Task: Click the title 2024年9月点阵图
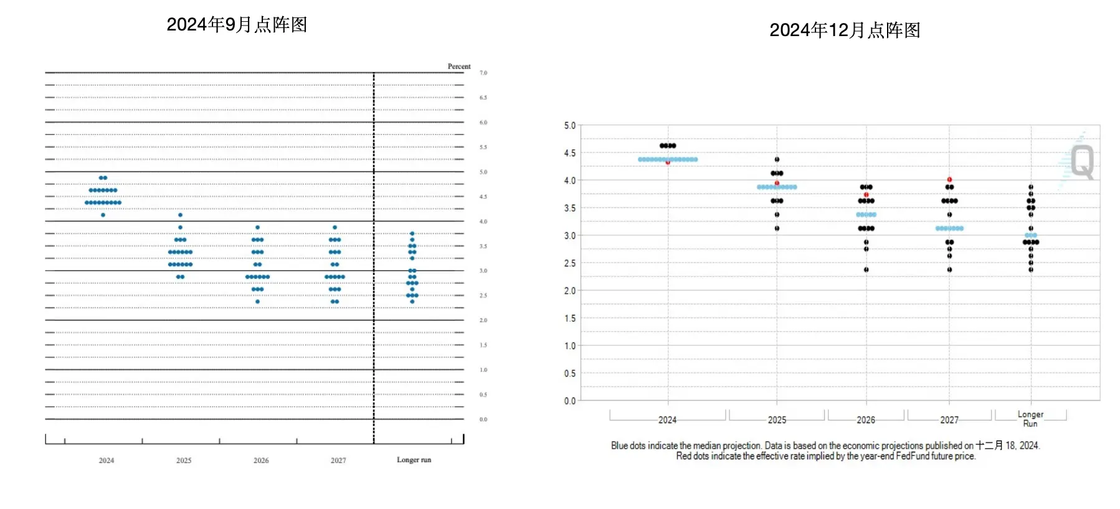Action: pyautogui.click(x=237, y=25)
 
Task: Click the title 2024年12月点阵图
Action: pyautogui.click(x=845, y=30)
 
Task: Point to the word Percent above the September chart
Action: pyautogui.click(x=459, y=67)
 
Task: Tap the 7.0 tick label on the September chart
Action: pyautogui.click(x=483, y=73)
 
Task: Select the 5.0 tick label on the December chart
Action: pyautogui.click(x=570, y=126)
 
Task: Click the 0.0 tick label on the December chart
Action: pyautogui.click(x=570, y=401)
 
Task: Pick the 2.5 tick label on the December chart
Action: pyautogui.click(x=570, y=263)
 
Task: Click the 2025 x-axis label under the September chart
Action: pyautogui.click(x=184, y=460)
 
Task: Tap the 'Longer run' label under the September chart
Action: pyautogui.click(x=414, y=460)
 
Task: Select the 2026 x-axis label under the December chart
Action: pyautogui.click(x=866, y=420)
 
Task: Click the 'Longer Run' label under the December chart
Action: pyautogui.click(x=1030, y=419)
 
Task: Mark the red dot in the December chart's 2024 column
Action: pyautogui.click(x=668, y=162)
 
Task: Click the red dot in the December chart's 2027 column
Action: pyautogui.click(x=949, y=180)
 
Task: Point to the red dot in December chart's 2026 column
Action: pyautogui.click(x=866, y=195)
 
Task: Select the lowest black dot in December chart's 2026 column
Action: pyautogui.click(x=866, y=269)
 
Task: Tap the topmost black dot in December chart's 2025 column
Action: pyautogui.click(x=777, y=159)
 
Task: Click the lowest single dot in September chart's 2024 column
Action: pyautogui.click(x=103, y=215)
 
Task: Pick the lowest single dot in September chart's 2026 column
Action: pyautogui.click(x=257, y=302)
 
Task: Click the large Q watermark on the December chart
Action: pyautogui.click(x=1083, y=162)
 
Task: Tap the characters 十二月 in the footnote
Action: pyautogui.click(x=989, y=446)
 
